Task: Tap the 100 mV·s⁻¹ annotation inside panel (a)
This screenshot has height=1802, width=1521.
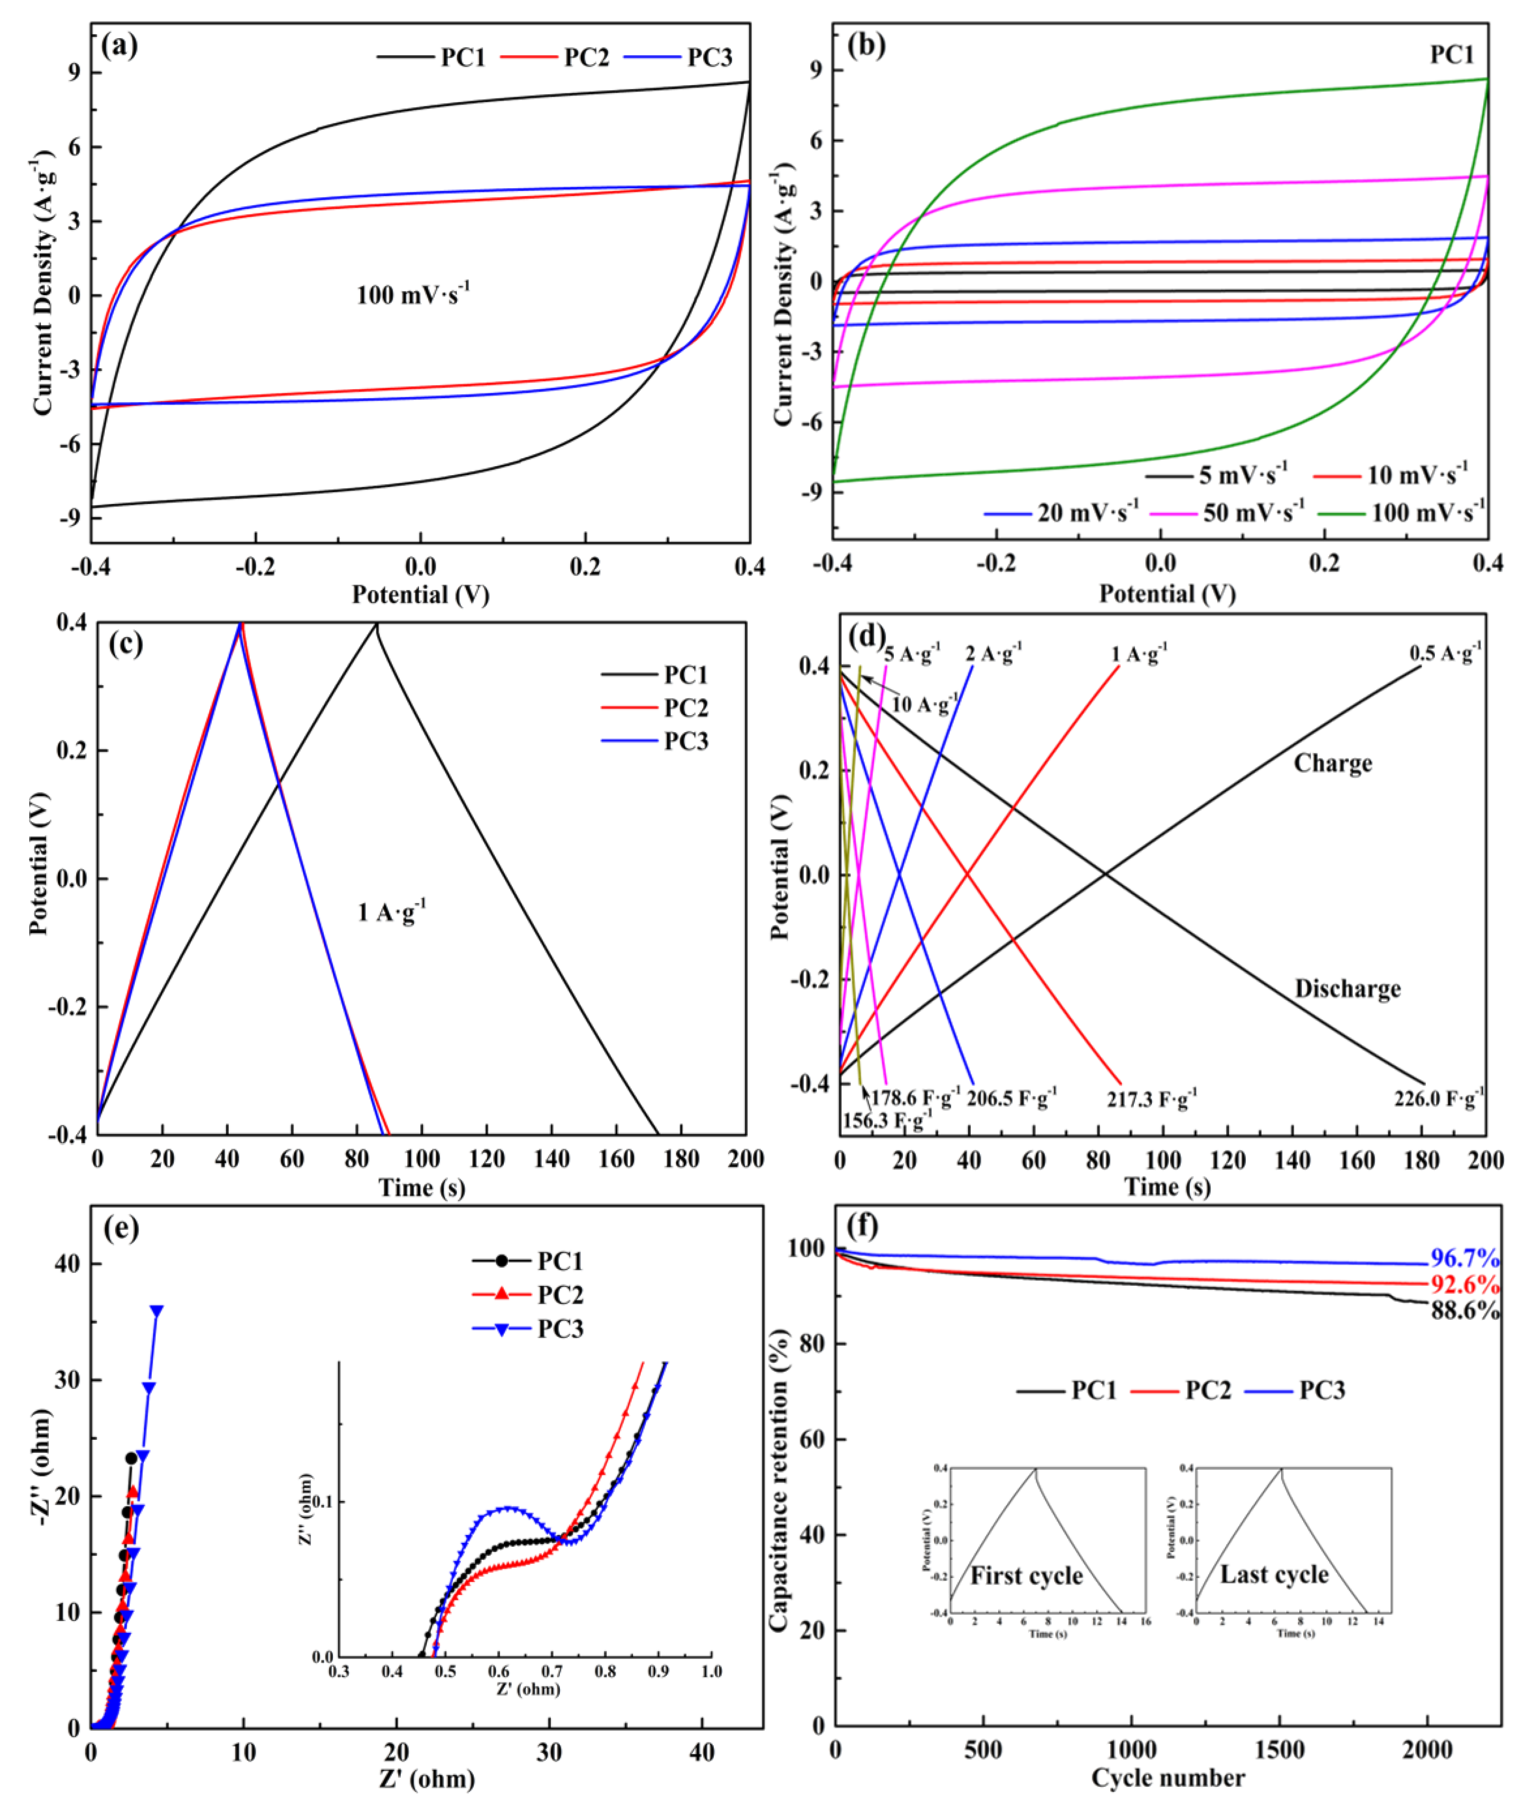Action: (413, 295)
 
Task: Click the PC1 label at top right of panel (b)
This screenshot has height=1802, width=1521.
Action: (1452, 55)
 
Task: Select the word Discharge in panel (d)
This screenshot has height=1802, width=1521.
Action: (1348, 989)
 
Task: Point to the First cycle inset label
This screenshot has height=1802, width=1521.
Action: (1026, 1576)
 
